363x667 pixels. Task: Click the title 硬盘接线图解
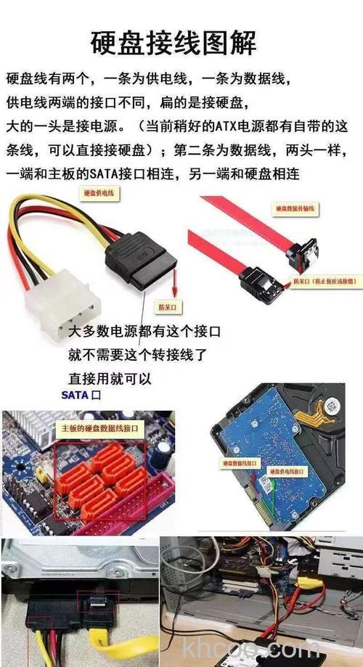174,42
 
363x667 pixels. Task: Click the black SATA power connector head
142,257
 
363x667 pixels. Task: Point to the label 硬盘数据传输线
295,208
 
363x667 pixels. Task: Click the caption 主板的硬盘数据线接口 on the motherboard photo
102,429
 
